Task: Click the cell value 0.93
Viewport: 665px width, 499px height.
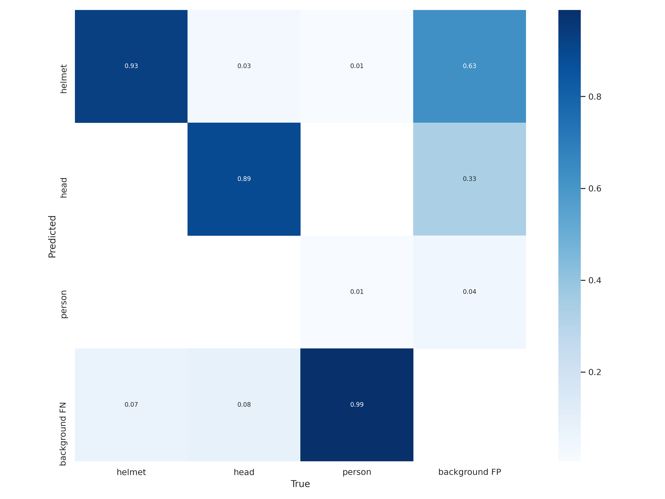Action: (x=131, y=66)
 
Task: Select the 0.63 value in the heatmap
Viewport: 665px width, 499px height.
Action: (x=469, y=66)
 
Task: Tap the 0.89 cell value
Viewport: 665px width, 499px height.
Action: (x=244, y=179)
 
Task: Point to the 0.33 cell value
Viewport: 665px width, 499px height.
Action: (x=469, y=179)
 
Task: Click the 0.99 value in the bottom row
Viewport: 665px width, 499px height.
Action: (x=357, y=405)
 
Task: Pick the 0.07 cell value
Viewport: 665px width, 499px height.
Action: (x=131, y=405)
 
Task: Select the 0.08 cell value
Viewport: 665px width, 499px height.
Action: (x=244, y=405)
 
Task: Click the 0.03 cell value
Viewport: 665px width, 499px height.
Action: (x=244, y=66)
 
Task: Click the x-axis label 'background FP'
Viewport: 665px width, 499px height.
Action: (x=469, y=472)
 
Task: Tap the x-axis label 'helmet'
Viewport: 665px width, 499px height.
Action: (x=131, y=472)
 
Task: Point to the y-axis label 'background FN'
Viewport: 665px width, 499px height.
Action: (x=63, y=434)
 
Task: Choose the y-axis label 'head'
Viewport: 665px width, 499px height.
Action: (x=63, y=188)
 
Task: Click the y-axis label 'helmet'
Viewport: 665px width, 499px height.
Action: (x=63, y=79)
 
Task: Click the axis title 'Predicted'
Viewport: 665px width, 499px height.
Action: (x=52, y=237)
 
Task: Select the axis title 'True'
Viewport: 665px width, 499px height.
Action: (x=300, y=484)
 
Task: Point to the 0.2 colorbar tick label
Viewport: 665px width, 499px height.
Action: (x=595, y=372)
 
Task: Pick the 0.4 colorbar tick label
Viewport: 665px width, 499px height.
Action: (x=595, y=280)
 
